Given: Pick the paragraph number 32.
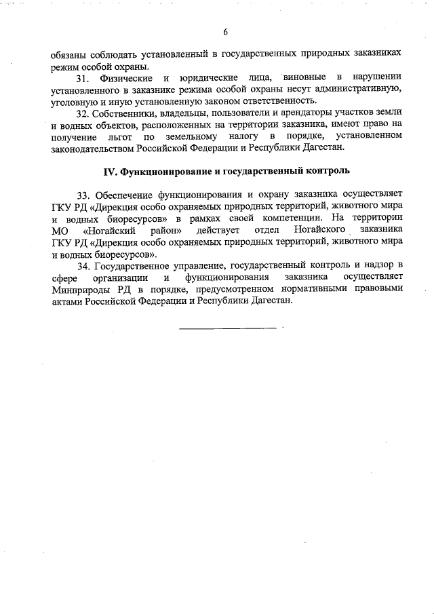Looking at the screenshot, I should point(83,115).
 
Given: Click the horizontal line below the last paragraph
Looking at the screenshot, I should point(227,329).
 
